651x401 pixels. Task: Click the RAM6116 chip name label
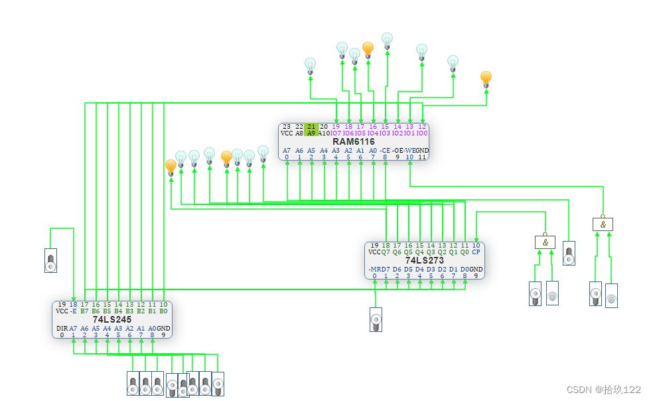click(354, 141)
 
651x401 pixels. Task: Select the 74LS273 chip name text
click(425, 260)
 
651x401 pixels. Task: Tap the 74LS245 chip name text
click(112, 319)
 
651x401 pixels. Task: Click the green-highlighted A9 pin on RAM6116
click(311, 133)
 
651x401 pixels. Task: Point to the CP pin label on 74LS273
click(476, 252)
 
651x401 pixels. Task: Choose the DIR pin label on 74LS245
click(62, 328)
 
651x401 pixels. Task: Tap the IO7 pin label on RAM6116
click(336, 133)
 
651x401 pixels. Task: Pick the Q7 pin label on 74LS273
click(386, 252)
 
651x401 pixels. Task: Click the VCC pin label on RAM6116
click(287, 133)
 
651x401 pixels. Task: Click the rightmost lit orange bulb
click(486, 78)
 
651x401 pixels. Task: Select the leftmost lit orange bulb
click(171, 166)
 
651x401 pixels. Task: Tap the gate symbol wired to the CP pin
click(545, 242)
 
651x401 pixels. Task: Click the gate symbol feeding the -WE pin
click(603, 224)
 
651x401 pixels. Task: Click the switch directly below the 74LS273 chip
click(376, 319)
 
